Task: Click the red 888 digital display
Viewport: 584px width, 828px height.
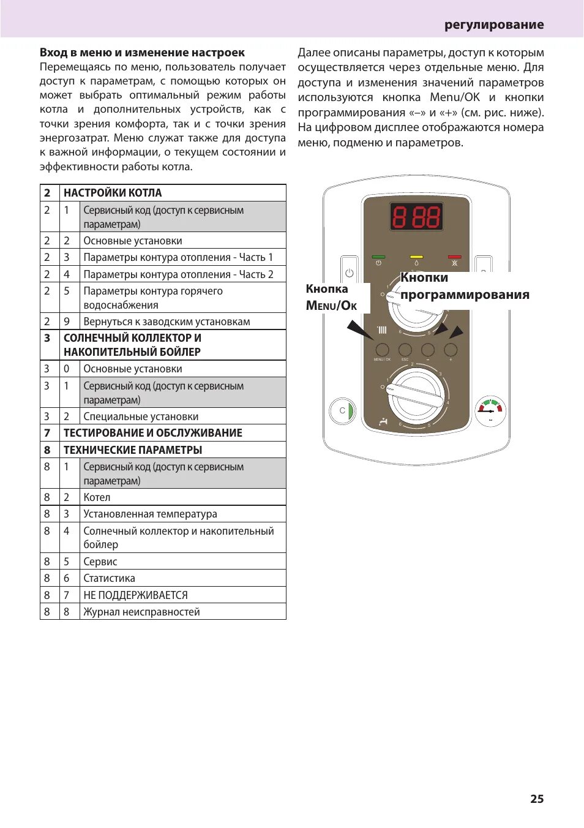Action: pos(416,217)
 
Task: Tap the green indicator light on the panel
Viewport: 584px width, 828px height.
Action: pos(378,257)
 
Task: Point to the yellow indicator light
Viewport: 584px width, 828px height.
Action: pos(416,257)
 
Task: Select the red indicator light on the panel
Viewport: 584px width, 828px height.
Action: pos(454,257)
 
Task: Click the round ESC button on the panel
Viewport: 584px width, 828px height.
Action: pos(405,350)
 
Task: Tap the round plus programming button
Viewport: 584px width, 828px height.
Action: pos(451,350)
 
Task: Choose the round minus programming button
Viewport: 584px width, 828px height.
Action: pos(428,350)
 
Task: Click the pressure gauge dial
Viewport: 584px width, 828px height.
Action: pos(490,410)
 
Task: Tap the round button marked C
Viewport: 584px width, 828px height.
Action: pos(342,410)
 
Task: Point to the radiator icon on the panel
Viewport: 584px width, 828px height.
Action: pos(382,330)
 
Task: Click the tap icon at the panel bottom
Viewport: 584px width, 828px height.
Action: pos(384,421)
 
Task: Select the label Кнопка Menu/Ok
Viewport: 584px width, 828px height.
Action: pos(331,297)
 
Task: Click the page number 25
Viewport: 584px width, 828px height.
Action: pos(537,799)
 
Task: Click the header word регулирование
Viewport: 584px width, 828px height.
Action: pos(494,24)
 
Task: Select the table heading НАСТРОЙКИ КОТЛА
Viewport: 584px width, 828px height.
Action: pos(113,193)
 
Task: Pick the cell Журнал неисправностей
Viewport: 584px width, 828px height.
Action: pos(141,612)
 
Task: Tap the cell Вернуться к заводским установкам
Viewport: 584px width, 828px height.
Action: pos(167,322)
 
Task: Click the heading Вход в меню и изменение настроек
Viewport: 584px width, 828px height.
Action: pos(142,53)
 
